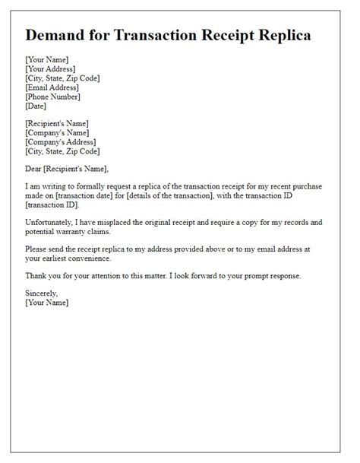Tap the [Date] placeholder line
click(36, 106)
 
